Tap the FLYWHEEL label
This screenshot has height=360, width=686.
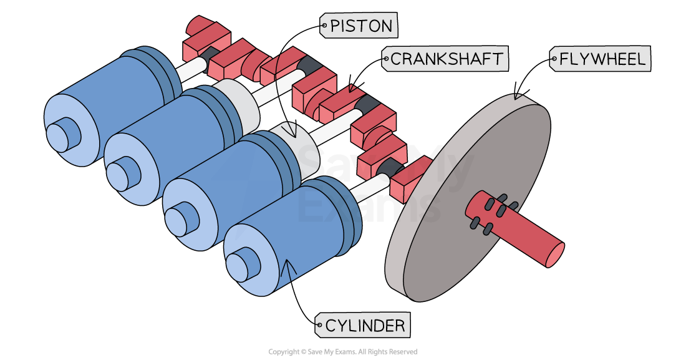[600, 59]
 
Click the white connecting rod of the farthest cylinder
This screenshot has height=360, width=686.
[190, 69]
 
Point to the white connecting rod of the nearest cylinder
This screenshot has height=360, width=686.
[368, 187]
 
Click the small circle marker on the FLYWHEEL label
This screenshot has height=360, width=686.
[554, 60]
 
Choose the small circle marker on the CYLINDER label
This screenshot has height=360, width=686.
[320, 325]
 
